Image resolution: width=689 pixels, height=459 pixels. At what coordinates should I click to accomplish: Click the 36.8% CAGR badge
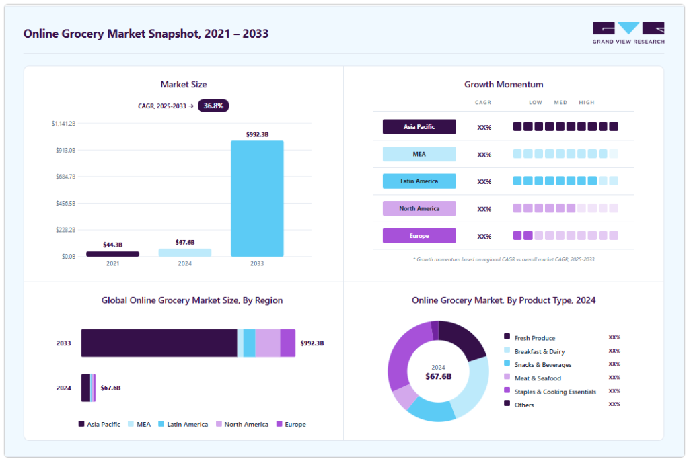click(x=213, y=106)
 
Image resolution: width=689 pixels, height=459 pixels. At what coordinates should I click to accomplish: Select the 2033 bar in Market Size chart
click(x=257, y=198)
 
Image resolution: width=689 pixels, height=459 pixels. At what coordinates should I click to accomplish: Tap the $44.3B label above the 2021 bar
click(x=112, y=245)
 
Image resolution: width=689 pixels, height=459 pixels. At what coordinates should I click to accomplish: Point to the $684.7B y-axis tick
click(x=65, y=177)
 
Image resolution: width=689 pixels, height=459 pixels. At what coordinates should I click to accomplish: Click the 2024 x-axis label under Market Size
click(x=184, y=263)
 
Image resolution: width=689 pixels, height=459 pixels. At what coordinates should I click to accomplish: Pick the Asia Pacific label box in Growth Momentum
click(x=419, y=127)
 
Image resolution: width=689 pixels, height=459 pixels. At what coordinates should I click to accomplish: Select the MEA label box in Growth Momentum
click(x=419, y=154)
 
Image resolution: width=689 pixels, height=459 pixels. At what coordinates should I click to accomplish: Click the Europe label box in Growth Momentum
click(x=419, y=236)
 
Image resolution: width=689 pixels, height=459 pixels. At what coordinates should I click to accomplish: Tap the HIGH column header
click(x=587, y=103)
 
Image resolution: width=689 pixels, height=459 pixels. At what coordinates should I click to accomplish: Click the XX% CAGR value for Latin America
click(x=484, y=181)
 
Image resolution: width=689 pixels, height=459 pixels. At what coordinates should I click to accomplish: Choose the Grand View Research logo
click(x=628, y=33)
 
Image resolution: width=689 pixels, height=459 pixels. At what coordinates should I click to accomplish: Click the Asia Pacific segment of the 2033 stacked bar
click(x=159, y=343)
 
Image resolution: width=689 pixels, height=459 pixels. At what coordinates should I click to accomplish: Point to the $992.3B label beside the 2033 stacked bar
click(x=312, y=343)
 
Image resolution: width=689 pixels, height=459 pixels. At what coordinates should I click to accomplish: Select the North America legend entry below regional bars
click(x=242, y=424)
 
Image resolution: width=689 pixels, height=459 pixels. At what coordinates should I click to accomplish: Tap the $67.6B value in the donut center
click(x=439, y=376)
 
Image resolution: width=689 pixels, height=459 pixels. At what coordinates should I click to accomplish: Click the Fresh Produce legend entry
click(x=530, y=338)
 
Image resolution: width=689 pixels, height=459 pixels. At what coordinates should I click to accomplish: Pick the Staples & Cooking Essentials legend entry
click(x=550, y=392)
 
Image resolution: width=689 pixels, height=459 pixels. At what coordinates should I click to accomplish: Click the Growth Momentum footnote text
click(x=503, y=260)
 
